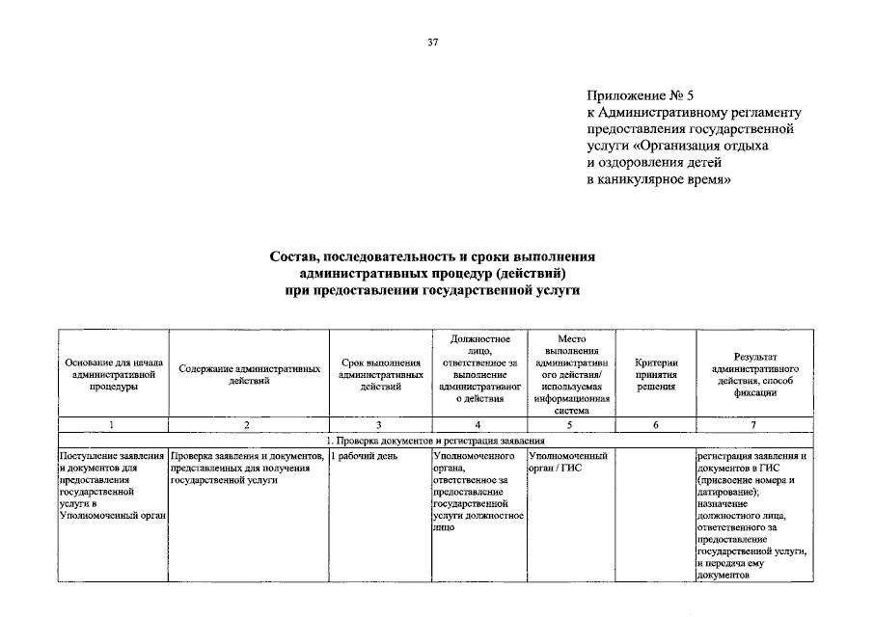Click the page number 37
point(433,42)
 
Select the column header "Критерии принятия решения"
point(655,373)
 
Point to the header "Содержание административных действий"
point(250,373)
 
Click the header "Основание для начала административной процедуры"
point(113,373)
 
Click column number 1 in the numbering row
point(113,425)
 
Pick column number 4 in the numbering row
point(478,425)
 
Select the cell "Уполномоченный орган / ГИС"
point(568,462)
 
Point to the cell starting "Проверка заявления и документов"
point(246,469)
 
